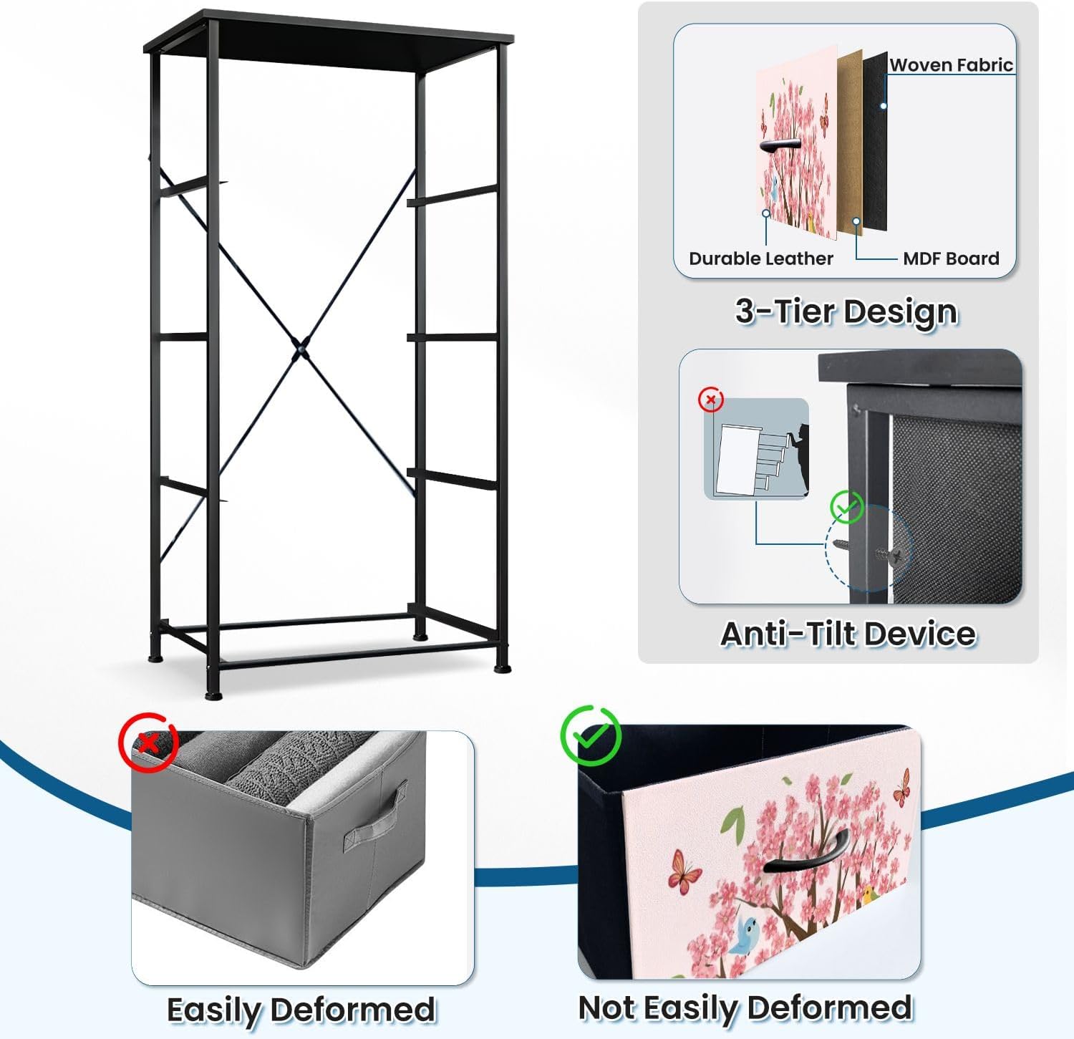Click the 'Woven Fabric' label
(x=951, y=64)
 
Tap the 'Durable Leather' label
(x=760, y=258)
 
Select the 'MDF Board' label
(x=951, y=258)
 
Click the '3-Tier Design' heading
(x=846, y=312)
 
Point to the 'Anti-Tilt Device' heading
(x=848, y=634)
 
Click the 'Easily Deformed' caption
(x=301, y=1010)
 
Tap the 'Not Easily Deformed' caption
(x=745, y=1008)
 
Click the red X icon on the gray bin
(x=148, y=742)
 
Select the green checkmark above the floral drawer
(x=591, y=735)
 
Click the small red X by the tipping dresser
(x=711, y=400)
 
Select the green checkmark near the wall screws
(x=846, y=507)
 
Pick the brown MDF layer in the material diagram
(x=850, y=142)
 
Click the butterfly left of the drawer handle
(x=684, y=871)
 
